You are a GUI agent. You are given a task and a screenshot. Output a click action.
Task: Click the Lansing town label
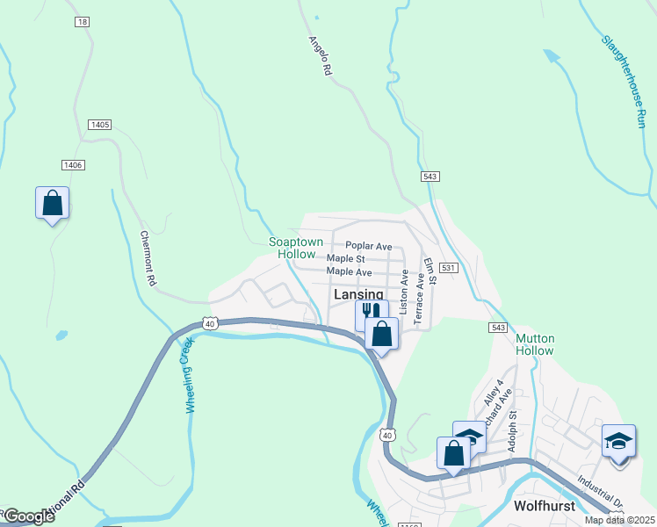coord(358,295)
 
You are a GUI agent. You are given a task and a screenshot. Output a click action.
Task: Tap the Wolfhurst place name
coord(544,506)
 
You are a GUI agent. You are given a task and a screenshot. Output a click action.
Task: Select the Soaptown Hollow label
coord(296,248)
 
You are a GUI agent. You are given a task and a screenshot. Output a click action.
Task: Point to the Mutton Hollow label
coord(534,344)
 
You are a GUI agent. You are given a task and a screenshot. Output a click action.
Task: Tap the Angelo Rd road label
coord(321,54)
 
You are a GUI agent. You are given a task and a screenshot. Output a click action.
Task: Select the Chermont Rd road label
coord(148,258)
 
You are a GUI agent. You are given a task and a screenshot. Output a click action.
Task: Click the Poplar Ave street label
coord(368,247)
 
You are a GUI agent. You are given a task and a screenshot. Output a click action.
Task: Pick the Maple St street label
coord(345,259)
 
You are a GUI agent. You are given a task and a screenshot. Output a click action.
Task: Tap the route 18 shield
coord(82,21)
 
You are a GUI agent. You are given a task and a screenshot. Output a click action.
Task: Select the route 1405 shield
coord(99,126)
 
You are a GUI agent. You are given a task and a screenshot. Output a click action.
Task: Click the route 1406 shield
coord(73,165)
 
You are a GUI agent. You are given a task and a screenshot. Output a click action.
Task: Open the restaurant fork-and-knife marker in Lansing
coord(371,312)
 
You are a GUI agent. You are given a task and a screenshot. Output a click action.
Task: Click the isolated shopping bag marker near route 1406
coord(52,203)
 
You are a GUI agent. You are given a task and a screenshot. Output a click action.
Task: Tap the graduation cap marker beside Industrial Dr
coord(618,439)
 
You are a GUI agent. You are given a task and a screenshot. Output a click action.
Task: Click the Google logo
coord(28,516)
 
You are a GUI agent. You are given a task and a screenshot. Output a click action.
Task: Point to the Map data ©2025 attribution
coord(618,520)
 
